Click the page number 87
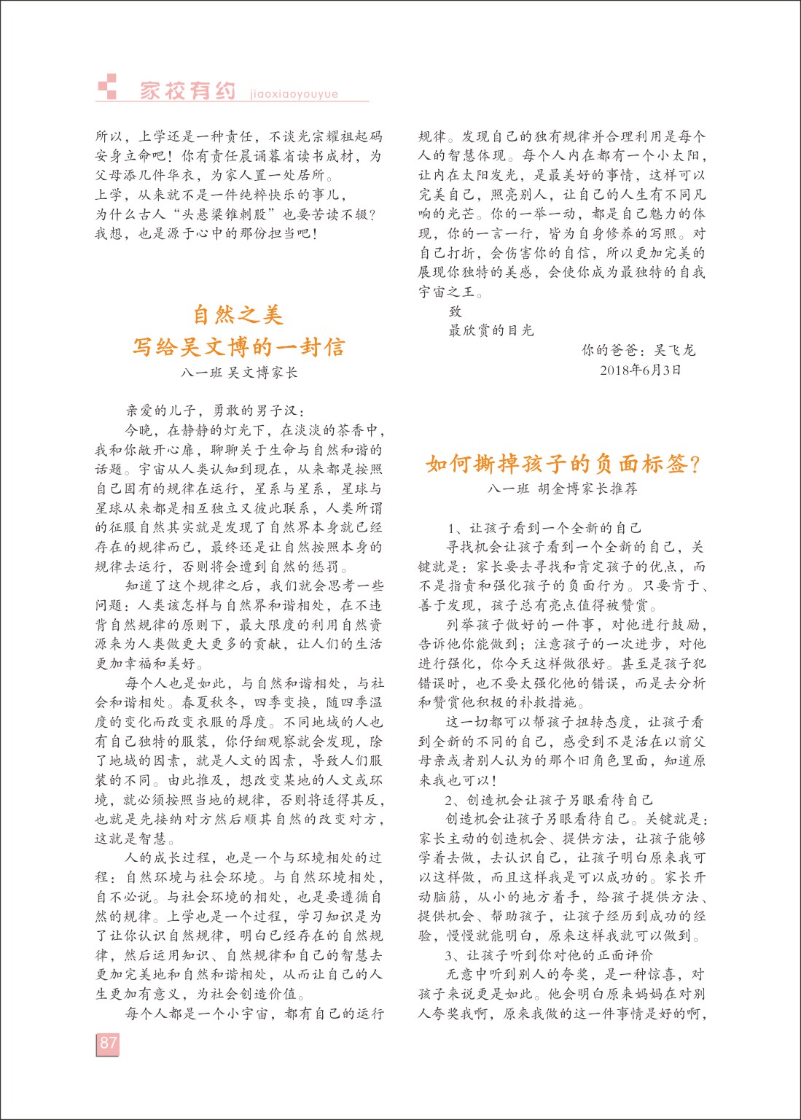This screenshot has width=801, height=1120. coord(108,1043)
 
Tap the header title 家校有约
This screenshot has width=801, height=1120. coord(188,91)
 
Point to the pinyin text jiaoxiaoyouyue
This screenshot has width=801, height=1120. coord(294,94)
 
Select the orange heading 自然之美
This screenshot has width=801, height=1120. coord(238,315)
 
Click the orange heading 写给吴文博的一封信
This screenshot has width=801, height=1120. coord(238,346)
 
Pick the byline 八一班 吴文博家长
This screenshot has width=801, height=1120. coord(239,373)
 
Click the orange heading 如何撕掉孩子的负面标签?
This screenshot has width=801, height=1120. coord(563,464)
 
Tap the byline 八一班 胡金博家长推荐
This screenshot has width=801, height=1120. coord(563,489)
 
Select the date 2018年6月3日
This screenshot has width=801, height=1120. coord(641,370)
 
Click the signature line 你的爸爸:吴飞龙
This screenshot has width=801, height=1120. coord(638,350)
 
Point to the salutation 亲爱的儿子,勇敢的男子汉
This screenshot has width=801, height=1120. coord(216,411)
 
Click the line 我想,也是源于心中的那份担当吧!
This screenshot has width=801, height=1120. coord(206,234)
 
